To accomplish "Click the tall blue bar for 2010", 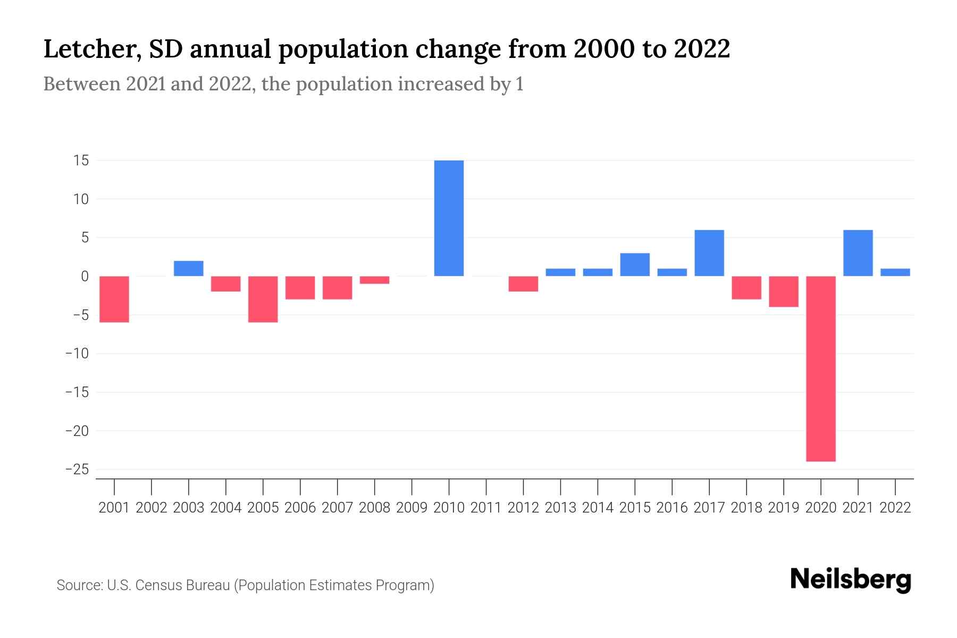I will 449,218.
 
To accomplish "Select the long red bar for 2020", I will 820,368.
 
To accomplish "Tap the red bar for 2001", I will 114,299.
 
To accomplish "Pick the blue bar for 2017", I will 709,253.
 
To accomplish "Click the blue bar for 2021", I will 858,253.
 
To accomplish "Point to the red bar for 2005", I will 263,299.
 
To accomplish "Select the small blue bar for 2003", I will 188,268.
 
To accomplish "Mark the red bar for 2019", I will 783,291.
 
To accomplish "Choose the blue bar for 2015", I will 634,265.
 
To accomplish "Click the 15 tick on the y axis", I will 81,161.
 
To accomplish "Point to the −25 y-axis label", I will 77,469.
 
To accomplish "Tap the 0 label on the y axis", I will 85,276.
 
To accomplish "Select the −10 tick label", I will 77,354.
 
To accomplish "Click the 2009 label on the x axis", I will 412,508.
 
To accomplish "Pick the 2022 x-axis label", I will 895,508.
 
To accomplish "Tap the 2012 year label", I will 523,508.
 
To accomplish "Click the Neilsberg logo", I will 851,580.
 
